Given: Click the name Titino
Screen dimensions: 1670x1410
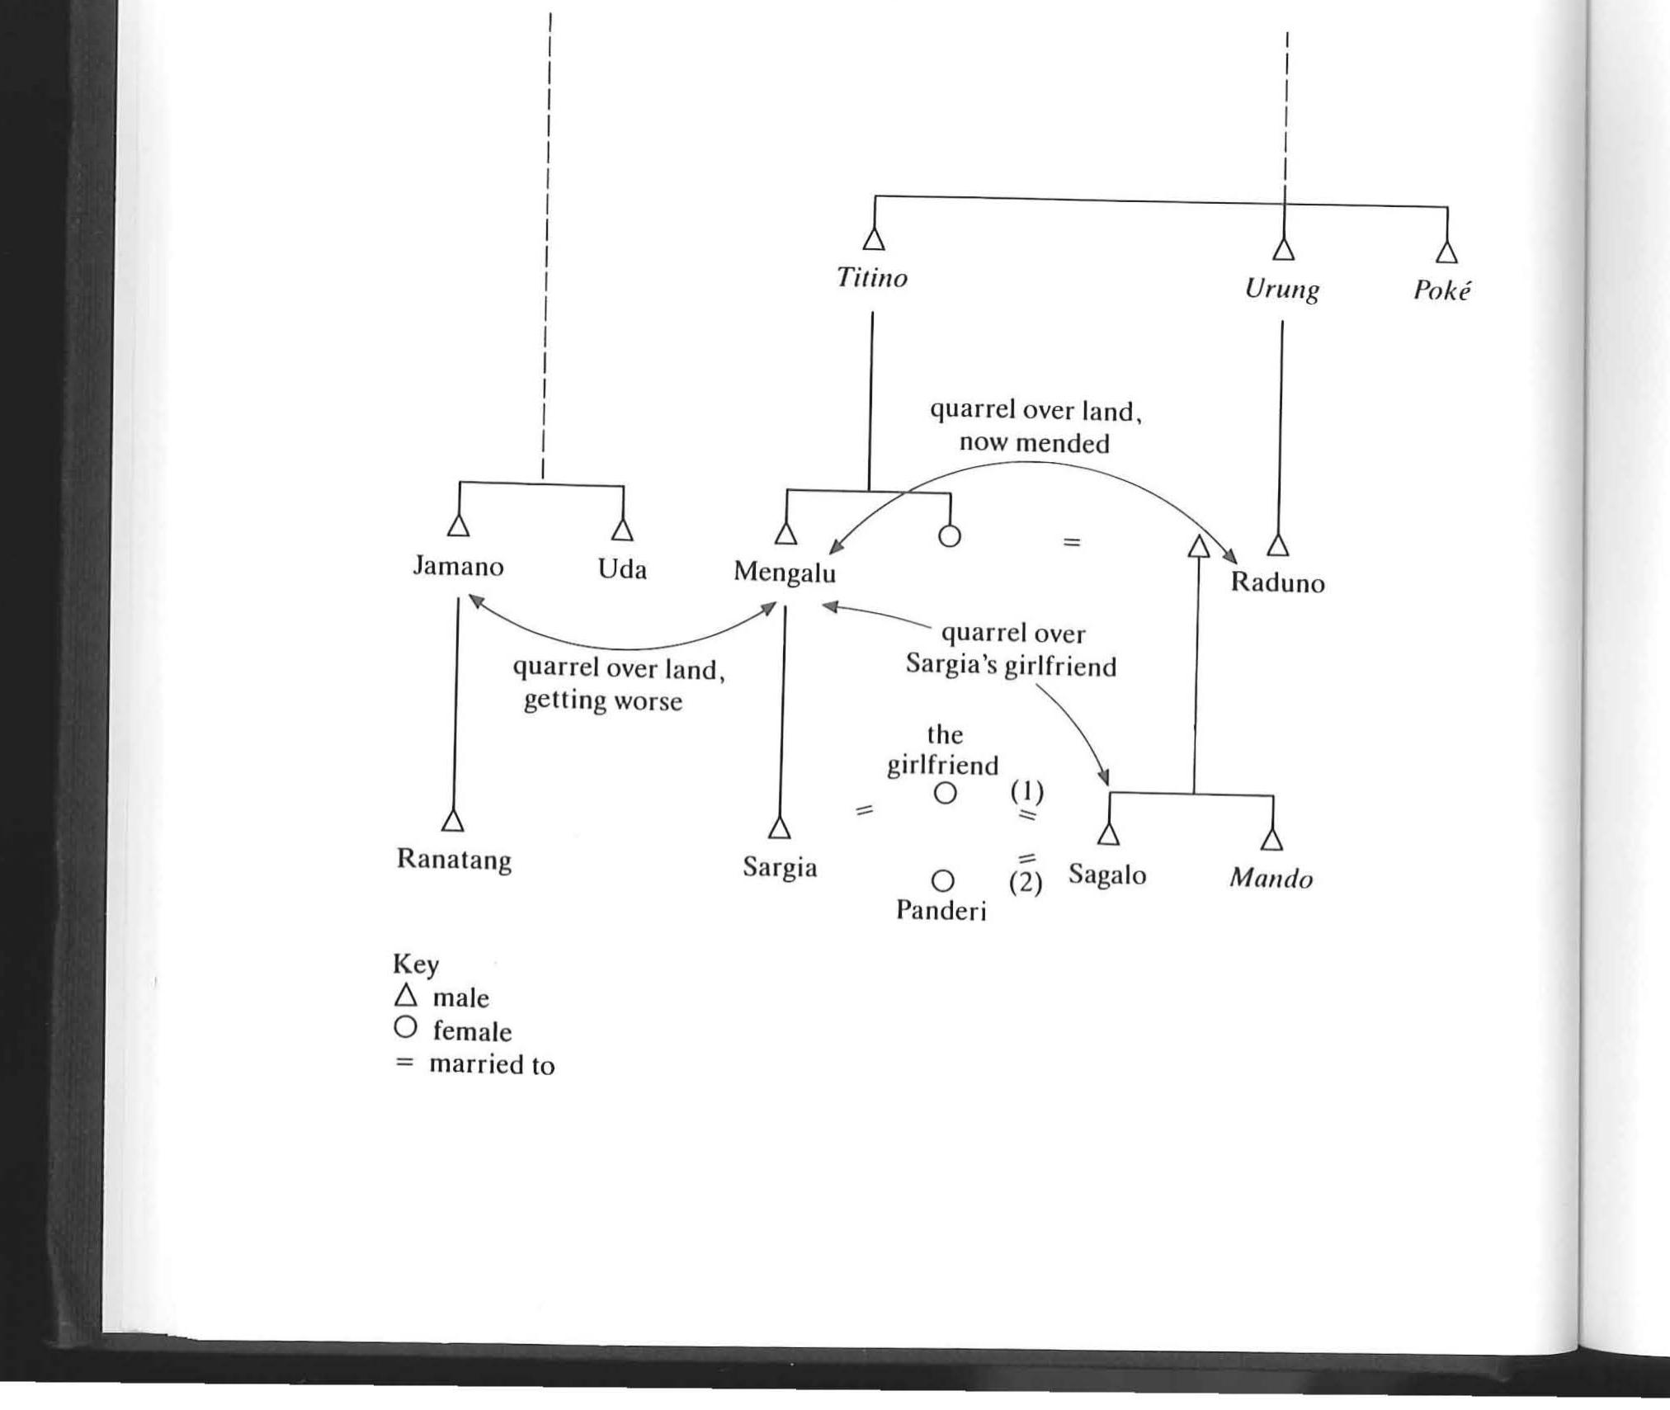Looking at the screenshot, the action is click(872, 278).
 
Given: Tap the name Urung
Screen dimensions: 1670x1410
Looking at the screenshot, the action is click(1281, 290).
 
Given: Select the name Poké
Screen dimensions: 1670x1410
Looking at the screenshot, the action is click(1441, 290).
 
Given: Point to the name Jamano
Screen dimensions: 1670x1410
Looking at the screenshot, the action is click(458, 567).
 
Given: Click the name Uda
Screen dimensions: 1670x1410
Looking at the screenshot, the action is click(622, 569).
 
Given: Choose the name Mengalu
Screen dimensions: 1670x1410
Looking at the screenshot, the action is click(784, 573).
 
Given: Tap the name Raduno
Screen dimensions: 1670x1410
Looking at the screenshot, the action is click(1277, 583).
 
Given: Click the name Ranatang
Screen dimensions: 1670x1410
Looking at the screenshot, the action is click(454, 860).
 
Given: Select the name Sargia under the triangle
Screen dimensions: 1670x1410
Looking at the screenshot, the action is click(780, 868).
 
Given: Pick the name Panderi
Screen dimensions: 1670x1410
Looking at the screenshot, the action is click(941, 910).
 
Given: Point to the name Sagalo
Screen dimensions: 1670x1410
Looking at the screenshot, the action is click(1107, 875).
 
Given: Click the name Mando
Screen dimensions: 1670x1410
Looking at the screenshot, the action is click(1271, 879).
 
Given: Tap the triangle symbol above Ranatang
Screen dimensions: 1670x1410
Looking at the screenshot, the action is click(452, 820).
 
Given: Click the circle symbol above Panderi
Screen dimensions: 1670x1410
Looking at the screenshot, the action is click(943, 881).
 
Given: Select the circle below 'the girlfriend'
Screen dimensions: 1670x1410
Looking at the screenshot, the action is click(945, 794).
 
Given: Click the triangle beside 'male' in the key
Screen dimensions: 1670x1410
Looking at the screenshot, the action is click(405, 996).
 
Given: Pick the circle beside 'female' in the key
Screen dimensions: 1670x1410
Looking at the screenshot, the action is click(405, 1028).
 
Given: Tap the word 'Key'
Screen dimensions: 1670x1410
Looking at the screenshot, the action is click(416, 964).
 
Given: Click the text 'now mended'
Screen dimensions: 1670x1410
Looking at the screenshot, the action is click(1035, 443).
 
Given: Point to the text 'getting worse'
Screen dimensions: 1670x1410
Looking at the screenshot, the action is click(603, 701).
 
